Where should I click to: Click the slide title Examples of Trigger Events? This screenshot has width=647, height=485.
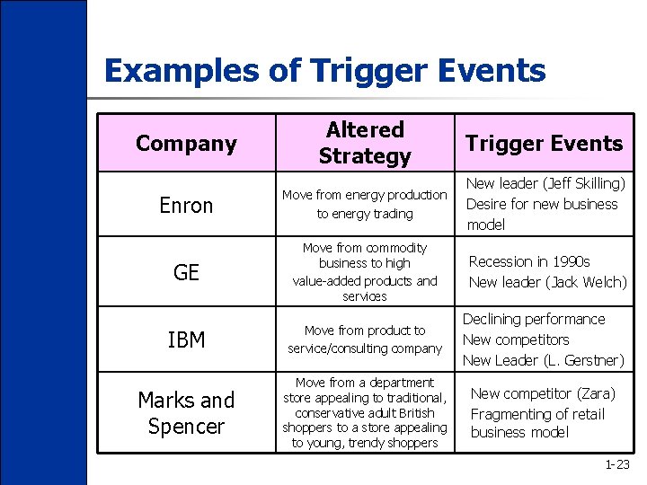pyautogui.click(x=324, y=70)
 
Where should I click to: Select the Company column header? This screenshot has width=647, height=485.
pyautogui.click(x=186, y=143)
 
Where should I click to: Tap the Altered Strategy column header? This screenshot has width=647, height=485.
pyautogui.click(x=364, y=143)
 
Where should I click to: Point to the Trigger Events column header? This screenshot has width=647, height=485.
pyautogui.click(x=543, y=143)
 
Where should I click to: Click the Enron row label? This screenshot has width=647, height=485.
pyautogui.click(x=186, y=206)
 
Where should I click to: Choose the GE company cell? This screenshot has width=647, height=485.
pyautogui.click(x=186, y=272)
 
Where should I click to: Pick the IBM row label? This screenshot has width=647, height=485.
pyautogui.click(x=186, y=339)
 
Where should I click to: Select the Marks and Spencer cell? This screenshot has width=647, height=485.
pyautogui.click(x=186, y=412)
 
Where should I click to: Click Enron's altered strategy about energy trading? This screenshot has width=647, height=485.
pyautogui.click(x=364, y=204)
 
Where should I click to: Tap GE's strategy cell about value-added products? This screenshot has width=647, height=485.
pyautogui.click(x=364, y=271)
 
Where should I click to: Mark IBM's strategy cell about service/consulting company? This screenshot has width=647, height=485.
pyautogui.click(x=364, y=339)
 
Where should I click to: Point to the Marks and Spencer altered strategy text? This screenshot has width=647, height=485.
pyautogui.click(x=364, y=412)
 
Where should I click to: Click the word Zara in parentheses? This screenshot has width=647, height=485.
pyautogui.click(x=594, y=393)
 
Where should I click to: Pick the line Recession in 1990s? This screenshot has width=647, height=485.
pyautogui.click(x=529, y=261)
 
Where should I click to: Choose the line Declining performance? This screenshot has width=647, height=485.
pyautogui.click(x=534, y=319)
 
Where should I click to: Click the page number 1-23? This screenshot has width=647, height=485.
pyautogui.click(x=617, y=464)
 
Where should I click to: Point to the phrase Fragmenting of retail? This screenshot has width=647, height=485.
pyautogui.click(x=537, y=414)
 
